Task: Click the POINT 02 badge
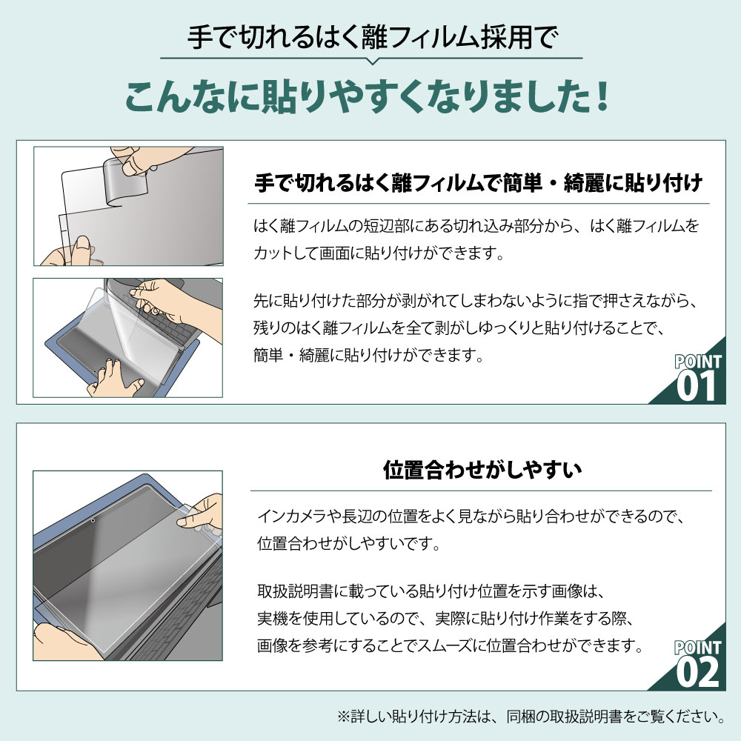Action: (696, 664)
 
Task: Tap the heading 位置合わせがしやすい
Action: (482, 470)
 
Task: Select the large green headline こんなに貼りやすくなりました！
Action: (368, 97)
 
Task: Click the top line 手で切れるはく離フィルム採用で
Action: (373, 37)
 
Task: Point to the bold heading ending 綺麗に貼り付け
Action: (478, 183)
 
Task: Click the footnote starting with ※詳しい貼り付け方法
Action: (531, 717)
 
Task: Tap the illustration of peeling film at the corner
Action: (128, 206)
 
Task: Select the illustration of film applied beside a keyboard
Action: (128, 338)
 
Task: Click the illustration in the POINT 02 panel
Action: (127, 565)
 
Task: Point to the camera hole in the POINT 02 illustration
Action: (93, 520)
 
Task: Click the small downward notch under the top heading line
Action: (372, 61)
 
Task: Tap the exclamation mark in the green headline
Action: (602, 97)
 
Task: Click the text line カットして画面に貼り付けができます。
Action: (379, 253)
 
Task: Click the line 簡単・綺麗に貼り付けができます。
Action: (368, 355)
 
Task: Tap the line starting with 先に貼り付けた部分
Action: (476, 301)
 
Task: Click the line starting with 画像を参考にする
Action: (451, 645)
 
